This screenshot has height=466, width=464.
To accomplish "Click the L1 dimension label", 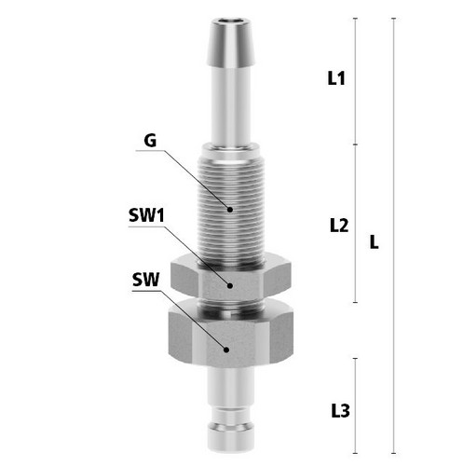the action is pos(336,78).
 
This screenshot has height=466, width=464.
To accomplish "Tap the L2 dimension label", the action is pos(339,226).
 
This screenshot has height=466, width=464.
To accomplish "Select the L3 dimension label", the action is pos(340,411).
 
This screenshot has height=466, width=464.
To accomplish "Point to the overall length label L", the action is pos(375,241).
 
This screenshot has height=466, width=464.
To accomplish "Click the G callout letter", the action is pos(150,141).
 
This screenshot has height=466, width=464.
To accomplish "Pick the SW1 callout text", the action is pos(146,215).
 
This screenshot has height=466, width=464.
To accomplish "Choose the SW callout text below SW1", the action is pos(145,280).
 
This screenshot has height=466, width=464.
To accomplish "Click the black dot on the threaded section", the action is pos(230,210).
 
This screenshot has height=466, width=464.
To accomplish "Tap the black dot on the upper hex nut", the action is pos(230,285).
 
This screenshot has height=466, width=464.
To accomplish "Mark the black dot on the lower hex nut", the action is pos(226,349).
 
